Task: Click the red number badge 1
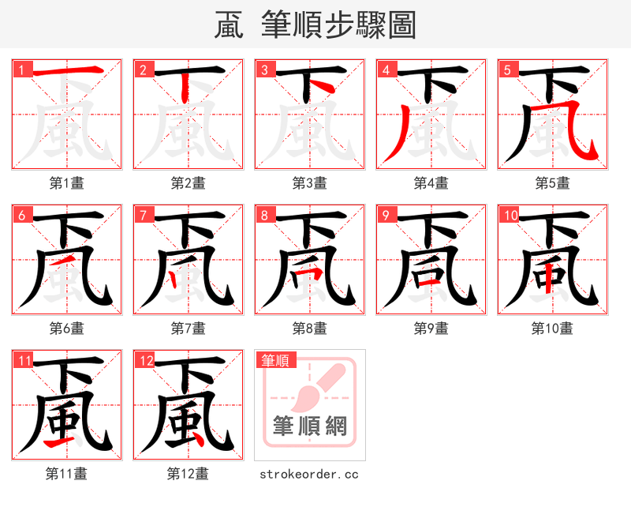20,69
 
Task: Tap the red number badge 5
506,69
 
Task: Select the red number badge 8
263,215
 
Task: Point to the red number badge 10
509,215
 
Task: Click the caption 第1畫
66,182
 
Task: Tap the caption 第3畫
309,182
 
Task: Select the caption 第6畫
66,328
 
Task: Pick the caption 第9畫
431,328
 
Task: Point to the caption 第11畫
66,474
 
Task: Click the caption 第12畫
188,474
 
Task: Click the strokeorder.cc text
309,474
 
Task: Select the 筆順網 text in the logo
309,426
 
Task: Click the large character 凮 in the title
229,25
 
